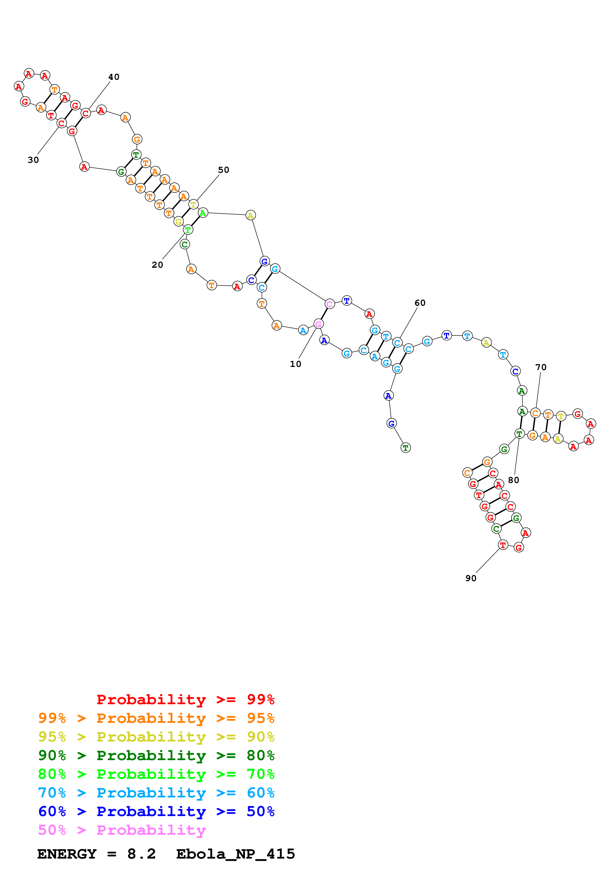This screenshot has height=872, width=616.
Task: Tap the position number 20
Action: [157, 265]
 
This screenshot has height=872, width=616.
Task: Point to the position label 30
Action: [33, 160]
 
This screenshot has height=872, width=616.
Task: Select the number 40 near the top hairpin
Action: [114, 77]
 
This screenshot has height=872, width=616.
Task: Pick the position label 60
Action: [420, 303]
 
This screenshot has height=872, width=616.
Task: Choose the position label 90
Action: [471, 578]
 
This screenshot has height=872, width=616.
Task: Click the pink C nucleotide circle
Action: [329, 304]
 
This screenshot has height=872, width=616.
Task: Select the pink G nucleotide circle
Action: [319, 324]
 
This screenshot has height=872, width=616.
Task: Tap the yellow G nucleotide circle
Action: [178, 221]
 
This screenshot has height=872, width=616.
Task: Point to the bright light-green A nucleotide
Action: [203, 213]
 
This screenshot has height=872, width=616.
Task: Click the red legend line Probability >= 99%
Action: [185, 699]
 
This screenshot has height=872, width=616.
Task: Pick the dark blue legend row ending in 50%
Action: [156, 811]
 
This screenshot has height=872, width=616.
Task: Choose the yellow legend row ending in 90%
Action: [156, 737]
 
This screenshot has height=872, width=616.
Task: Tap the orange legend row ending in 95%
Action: [156, 718]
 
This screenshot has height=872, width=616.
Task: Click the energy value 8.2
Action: [141, 854]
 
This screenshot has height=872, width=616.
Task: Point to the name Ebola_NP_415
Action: [235, 854]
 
